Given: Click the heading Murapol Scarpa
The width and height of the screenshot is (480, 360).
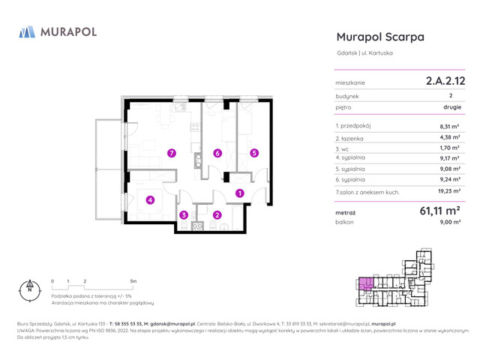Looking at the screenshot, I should point(380,37).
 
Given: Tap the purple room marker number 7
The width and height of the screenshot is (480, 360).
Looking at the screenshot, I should point(172,153).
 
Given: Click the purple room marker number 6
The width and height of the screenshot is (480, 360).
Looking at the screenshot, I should point(217,153).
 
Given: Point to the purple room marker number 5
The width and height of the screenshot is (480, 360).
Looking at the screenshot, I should point(254,153).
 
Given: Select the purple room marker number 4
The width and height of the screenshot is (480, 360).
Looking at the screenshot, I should point(150,199).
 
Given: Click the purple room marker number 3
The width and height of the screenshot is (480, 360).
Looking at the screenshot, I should point(184,215).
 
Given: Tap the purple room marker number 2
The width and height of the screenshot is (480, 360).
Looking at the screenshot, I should point(217,215).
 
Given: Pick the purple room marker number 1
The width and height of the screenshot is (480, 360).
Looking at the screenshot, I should point(239,193).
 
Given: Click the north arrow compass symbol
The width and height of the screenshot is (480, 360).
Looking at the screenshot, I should point(31,289).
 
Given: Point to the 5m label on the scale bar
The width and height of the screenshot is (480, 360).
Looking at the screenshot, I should point(133,280).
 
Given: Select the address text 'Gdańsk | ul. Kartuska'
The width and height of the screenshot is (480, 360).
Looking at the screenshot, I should point(365,52).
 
